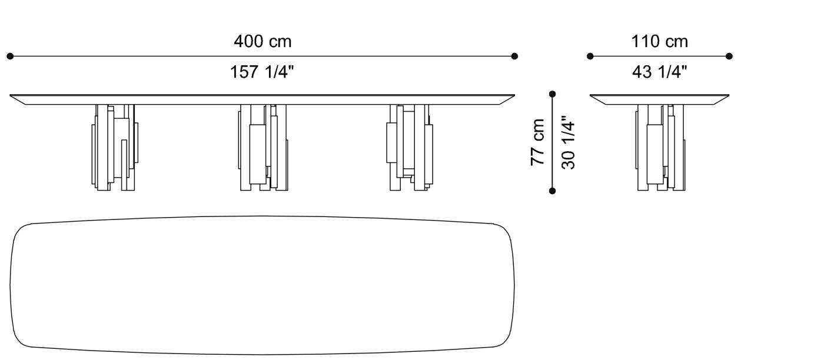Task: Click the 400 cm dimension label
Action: tap(263, 42)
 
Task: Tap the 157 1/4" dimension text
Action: tap(263, 72)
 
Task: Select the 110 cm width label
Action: tap(659, 42)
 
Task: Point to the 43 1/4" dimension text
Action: tap(659, 72)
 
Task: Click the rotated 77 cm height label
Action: tap(538, 142)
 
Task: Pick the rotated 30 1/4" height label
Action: tap(568, 143)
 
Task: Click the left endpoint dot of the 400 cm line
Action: tap(10, 56)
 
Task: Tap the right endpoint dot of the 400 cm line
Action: tap(514, 56)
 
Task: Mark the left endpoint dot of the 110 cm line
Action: tap(590, 56)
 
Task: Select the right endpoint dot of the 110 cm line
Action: tap(729, 56)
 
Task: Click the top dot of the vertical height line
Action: tap(552, 94)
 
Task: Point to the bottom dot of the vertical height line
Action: tap(552, 191)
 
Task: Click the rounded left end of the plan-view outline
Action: tap(12, 285)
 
